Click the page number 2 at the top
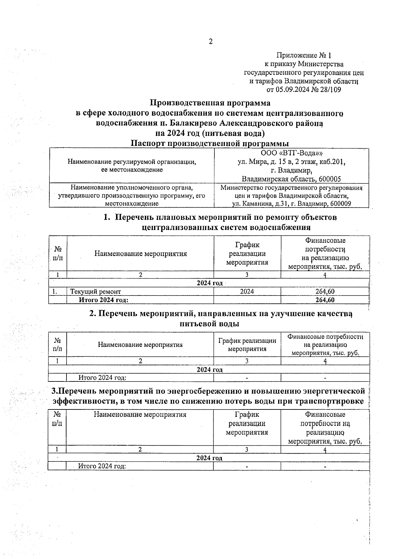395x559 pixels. [x=211, y=41]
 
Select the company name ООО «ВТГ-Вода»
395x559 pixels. [x=291, y=154]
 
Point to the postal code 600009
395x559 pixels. [x=339, y=204]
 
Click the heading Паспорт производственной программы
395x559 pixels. [x=210, y=144]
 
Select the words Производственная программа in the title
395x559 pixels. [x=210, y=103]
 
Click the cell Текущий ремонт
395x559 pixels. [x=95, y=292]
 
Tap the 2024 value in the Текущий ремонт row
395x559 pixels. [x=247, y=292]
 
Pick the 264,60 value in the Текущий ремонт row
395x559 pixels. [x=325, y=292]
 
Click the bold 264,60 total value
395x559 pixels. [x=325, y=300]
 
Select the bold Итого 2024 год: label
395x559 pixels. [x=103, y=300]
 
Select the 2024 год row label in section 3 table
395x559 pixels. [x=209, y=458]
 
